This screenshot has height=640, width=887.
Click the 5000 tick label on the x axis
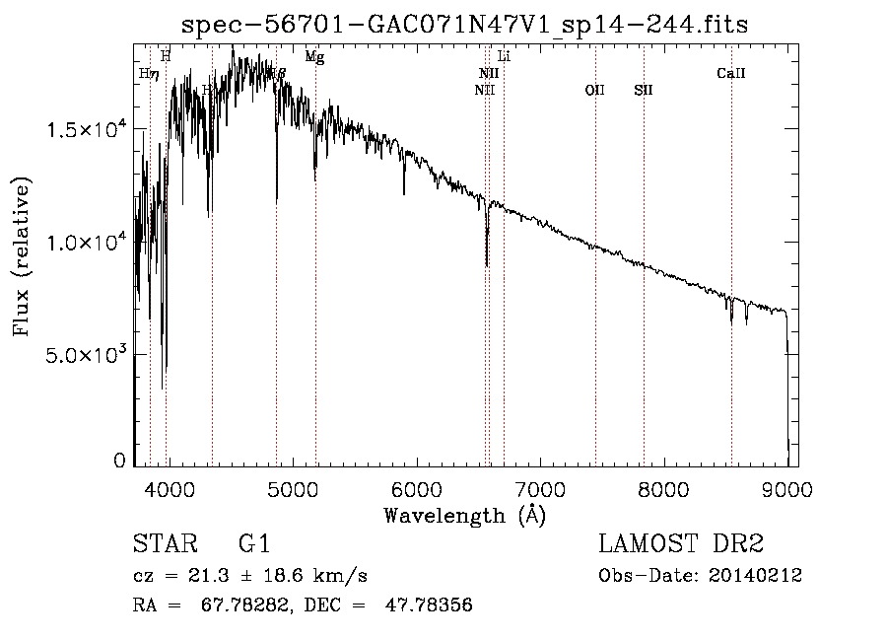click(293, 487)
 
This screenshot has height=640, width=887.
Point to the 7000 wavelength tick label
click(540, 487)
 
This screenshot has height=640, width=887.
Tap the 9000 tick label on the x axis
click(787, 487)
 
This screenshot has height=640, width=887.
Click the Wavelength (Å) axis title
click(464, 515)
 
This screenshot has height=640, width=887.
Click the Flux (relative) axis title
click(22, 256)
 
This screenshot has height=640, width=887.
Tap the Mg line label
click(314, 57)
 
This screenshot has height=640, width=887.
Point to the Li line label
click(504, 57)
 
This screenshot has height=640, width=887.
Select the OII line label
click(594, 91)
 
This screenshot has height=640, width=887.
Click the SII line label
click(644, 91)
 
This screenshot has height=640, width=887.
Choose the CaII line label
click(730, 73)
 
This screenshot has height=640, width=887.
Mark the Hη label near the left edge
click(149, 74)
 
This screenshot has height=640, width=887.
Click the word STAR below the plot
click(166, 544)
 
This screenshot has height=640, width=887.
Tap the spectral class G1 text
click(253, 544)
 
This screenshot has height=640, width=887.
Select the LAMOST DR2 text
click(681, 544)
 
